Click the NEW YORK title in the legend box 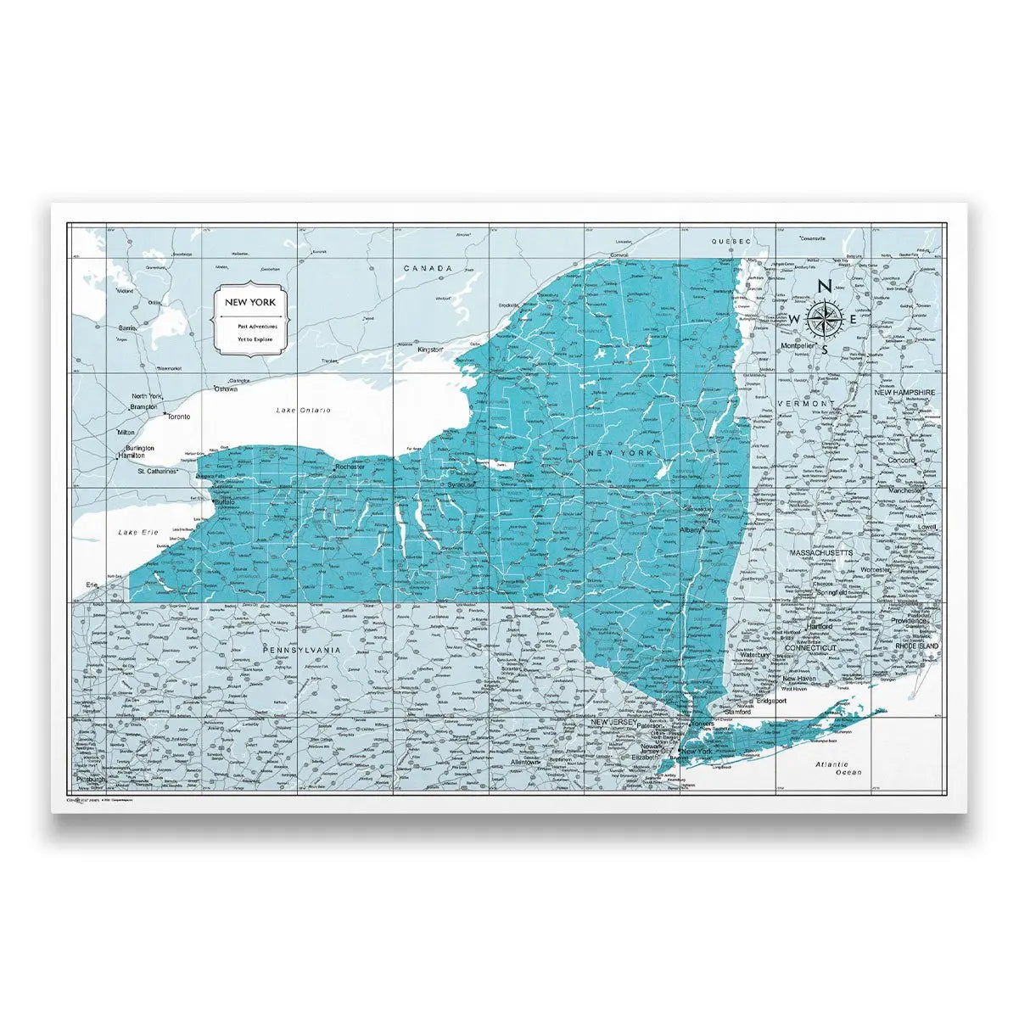coord(249,302)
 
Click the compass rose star coord(822,317)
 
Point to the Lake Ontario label coord(303,411)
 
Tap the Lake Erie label coord(139,532)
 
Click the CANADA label coord(428,268)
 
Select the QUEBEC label coord(732,242)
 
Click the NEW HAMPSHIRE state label coord(904,394)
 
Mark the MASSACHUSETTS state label coord(820,553)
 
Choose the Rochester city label coord(350,467)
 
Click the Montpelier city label coord(798,347)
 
